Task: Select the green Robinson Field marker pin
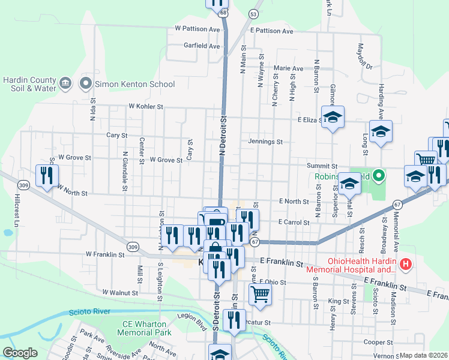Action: point(378,176)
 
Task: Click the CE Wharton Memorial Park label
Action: point(143,328)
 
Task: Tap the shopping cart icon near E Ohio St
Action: point(261,293)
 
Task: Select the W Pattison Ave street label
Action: point(198,28)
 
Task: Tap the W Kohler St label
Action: point(146,106)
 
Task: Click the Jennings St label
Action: point(265,142)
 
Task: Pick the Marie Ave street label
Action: point(289,68)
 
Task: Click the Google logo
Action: point(20,353)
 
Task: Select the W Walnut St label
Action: point(120,292)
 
